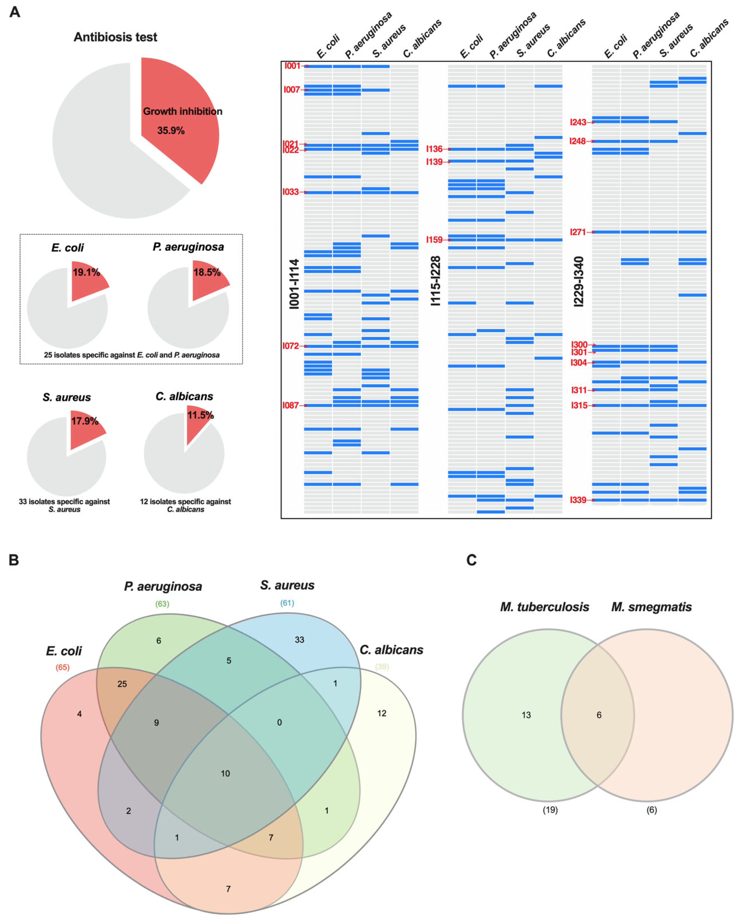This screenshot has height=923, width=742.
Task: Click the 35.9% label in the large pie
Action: (171, 131)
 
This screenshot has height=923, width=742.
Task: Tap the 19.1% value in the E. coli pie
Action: (86, 272)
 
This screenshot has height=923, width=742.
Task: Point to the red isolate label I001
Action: (292, 66)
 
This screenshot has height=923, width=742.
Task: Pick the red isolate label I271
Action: (578, 232)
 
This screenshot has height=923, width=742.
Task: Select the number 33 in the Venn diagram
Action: (299, 640)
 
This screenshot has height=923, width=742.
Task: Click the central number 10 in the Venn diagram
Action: (225, 773)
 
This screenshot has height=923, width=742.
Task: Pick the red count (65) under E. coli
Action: (62, 667)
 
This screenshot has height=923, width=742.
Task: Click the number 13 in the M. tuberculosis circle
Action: (526, 715)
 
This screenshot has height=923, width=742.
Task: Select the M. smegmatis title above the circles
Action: (651, 607)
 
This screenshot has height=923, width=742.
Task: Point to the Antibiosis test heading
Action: (116, 37)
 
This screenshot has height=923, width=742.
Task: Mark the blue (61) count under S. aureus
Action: (287, 603)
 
